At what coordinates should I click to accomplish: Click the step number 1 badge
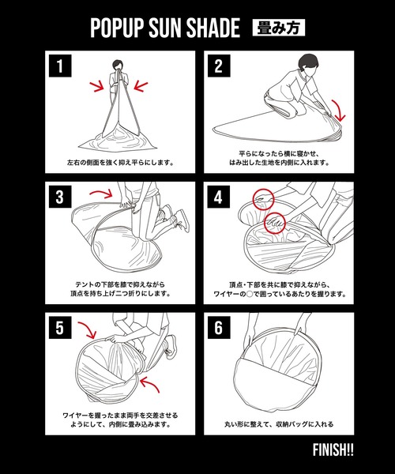click(60, 66)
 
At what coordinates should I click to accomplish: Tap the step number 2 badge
click(219, 66)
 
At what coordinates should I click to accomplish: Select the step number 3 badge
click(60, 197)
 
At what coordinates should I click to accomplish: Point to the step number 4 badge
click(218, 197)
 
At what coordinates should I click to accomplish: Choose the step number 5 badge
click(60, 327)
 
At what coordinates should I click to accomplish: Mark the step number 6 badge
click(219, 327)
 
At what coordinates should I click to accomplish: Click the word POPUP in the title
click(116, 28)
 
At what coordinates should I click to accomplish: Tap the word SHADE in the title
click(213, 28)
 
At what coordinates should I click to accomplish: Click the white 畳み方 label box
click(278, 28)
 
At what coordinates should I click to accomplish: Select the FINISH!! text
click(333, 450)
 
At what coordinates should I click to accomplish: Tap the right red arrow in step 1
click(141, 85)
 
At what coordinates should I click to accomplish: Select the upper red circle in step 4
click(263, 199)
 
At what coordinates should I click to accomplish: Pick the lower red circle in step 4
click(275, 223)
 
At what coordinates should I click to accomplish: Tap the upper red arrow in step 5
click(88, 329)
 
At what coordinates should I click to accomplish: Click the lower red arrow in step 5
click(151, 382)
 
